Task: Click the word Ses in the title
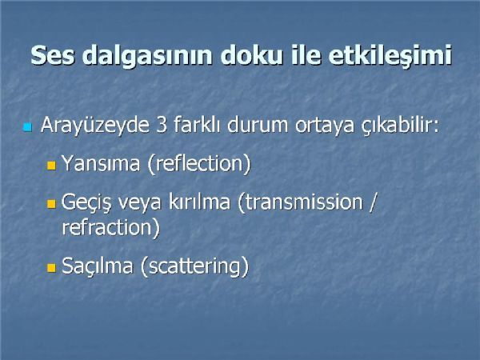tap(53, 54)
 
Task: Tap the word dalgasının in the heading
tap(147, 55)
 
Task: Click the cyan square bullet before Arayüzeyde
tap(27, 127)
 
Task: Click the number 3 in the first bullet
tap(162, 126)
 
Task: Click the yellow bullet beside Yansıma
tap(51, 166)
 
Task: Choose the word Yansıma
tap(101, 163)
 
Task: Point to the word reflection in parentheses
tap(199, 163)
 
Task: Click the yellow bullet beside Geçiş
tap(51, 203)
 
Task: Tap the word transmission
tap(304, 202)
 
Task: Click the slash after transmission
tap(372, 202)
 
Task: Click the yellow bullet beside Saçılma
tap(51, 268)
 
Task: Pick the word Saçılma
tap(98, 266)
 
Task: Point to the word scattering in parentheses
tap(194, 266)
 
